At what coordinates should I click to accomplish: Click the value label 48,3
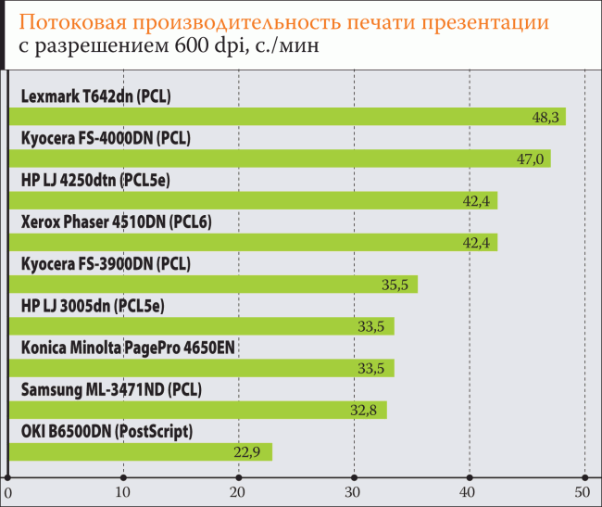click(544, 118)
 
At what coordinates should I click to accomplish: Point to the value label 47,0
click(530, 159)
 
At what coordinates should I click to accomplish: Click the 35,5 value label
click(395, 285)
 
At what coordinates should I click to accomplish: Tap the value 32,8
click(364, 411)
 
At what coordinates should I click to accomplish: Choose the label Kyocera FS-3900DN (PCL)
click(106, 263)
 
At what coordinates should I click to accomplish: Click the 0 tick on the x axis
click(7, 491)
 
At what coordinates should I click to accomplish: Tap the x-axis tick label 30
click(353, 491)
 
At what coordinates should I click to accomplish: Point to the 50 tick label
click(583, 491)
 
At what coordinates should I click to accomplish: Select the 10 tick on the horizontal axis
click(122, 491)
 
